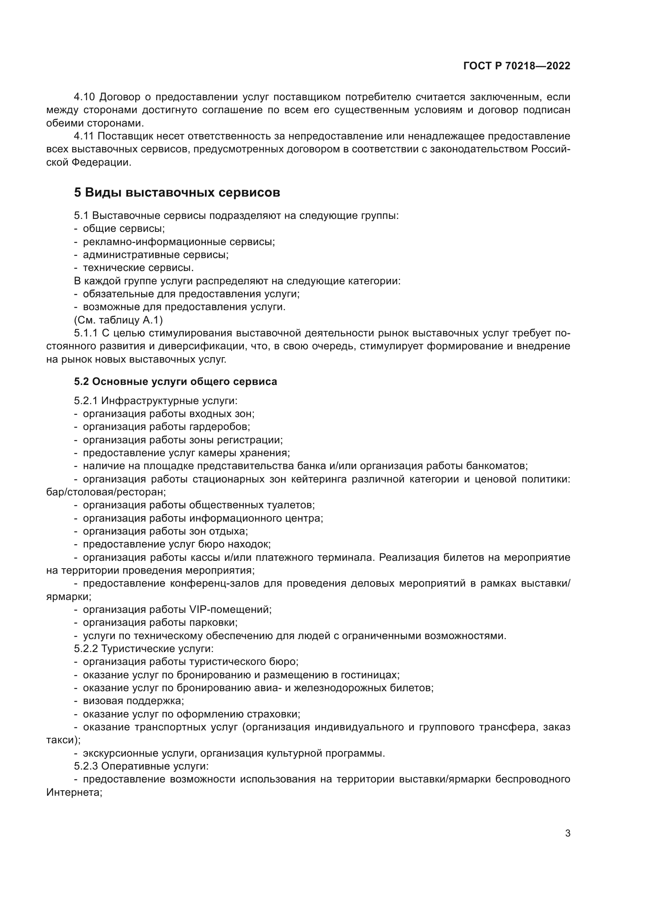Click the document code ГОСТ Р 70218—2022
(x=517, y=66)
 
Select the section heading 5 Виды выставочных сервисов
(x=177, y=193)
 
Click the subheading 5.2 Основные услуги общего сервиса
(x=175, y=382)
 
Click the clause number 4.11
(x=84, y=136)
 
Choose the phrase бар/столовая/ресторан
(x=105, y=492)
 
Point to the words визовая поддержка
(x=133, y=701)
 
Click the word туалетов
(x=290, y=505)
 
